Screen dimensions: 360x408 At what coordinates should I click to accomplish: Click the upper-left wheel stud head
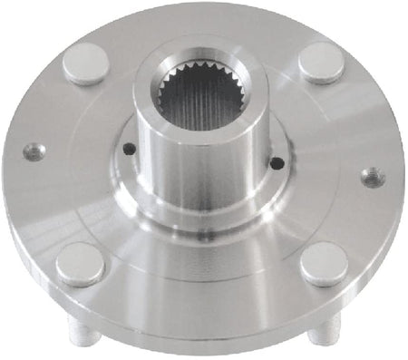point(87,63)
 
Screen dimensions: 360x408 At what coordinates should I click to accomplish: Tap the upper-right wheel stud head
point(321,62)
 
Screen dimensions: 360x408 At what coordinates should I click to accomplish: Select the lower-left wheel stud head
point(81,263)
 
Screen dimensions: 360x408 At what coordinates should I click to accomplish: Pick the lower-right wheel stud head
point(323,263)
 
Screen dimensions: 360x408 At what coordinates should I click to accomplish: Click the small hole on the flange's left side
point(34,151)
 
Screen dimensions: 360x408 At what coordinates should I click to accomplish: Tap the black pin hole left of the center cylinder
point(127,150)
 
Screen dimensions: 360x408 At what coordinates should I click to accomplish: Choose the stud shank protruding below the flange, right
point(319,334)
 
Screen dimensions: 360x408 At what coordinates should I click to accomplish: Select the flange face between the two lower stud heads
point(204,281)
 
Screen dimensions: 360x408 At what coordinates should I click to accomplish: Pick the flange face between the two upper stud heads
point(204,32)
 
